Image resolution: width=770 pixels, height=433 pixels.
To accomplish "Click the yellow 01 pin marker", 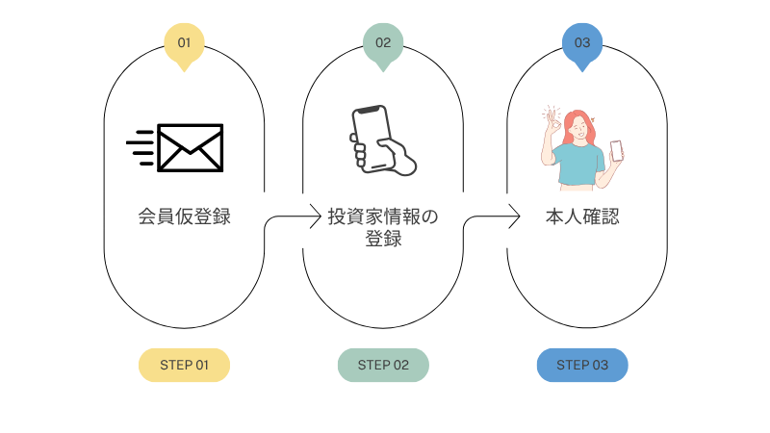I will [184, 43].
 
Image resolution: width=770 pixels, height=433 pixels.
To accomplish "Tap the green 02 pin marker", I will [383, 43].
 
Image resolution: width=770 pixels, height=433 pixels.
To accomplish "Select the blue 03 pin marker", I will [582, 43].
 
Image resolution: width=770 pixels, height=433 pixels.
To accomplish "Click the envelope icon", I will [191, 148].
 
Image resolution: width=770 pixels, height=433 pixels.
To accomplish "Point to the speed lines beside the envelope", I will [141, 148].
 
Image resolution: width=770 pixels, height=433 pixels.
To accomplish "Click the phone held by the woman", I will [616, 151].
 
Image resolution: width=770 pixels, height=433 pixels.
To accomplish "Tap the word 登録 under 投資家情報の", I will [382, 240].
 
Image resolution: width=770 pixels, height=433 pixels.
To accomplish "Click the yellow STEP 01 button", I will [184, 365].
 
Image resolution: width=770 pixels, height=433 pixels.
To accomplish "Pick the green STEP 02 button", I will [383, 365].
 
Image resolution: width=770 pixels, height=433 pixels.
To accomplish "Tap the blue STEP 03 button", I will [582, 365].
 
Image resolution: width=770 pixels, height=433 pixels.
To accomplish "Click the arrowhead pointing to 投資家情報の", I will [315, 216].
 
